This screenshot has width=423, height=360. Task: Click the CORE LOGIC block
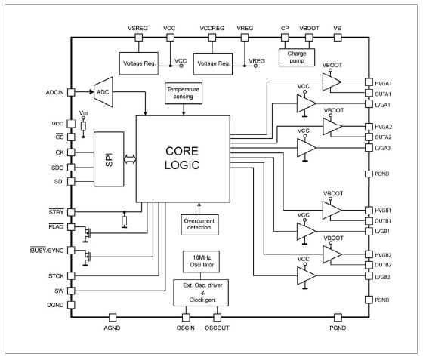(183, 158)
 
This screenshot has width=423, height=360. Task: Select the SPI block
(109, 159)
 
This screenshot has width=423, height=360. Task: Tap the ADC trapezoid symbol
(103, 92)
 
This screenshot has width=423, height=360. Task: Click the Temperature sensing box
(184, 94)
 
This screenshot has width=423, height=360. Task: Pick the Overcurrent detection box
(199, 224)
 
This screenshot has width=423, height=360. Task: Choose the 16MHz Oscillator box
(201, 261)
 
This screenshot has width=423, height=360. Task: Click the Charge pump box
(297, 57)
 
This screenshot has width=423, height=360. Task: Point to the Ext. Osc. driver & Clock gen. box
(201, 293)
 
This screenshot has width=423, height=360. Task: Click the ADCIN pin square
(71, 92)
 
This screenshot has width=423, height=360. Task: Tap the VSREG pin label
(137, 28)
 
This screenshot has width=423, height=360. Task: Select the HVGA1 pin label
(383, 83)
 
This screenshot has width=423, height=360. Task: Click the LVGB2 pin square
(369, 276)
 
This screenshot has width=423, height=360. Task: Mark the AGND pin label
(112, 328)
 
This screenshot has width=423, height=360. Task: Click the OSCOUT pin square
(217, 318)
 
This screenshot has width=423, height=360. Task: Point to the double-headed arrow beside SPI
(130, 159)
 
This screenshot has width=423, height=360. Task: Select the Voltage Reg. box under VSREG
(139, 63)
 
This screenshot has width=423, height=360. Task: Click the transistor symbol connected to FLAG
(87, 233)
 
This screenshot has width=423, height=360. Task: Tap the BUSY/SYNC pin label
(47, 250)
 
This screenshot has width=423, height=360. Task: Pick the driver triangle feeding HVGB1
(332, 210)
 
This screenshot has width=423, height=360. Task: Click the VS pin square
(338, 38)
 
